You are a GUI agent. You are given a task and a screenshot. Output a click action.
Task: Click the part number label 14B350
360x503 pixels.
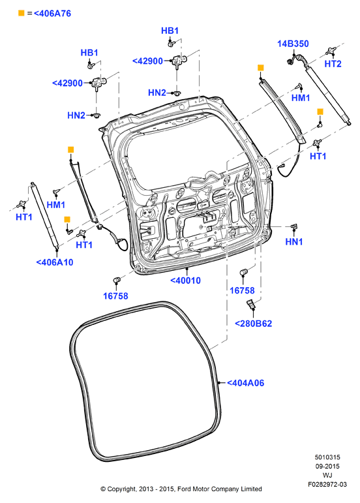coord(293,44)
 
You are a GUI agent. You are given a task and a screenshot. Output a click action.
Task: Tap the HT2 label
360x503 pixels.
coord(333,64)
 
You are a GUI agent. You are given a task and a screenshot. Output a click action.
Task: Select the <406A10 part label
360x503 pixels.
coord(55,262)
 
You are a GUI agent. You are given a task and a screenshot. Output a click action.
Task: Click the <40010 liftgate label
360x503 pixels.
coord(185,281)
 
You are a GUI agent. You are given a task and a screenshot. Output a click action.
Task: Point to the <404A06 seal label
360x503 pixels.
coord(246,383)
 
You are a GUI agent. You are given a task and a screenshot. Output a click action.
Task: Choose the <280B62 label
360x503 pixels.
coord(253,324)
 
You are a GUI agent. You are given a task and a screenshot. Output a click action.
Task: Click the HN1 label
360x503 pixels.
coord(294,241)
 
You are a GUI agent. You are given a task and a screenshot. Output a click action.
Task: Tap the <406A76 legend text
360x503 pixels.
coord(52,14)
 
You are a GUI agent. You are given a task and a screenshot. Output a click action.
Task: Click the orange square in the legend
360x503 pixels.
coord(21,13)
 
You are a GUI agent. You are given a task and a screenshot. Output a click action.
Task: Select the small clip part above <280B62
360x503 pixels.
coord(251,303)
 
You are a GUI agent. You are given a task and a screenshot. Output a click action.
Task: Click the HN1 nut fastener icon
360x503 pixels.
coord(293,227)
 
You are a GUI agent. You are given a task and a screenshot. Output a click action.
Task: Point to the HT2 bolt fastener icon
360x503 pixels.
coord(331,51)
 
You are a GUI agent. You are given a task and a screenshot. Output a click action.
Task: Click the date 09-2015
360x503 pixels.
coord(327,466)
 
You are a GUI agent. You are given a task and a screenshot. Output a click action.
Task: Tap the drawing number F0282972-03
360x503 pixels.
coord(327,484)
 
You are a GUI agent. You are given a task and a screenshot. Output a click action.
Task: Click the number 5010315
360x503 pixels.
coord(327,457)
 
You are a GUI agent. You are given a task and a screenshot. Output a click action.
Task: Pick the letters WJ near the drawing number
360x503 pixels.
coord(327,475)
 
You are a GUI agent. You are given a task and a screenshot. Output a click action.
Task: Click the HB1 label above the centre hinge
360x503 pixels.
coord(170,31)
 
